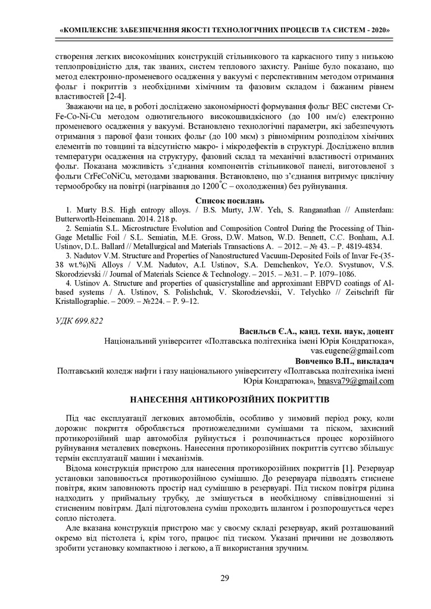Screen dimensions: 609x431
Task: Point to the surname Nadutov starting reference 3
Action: [85, 256]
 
